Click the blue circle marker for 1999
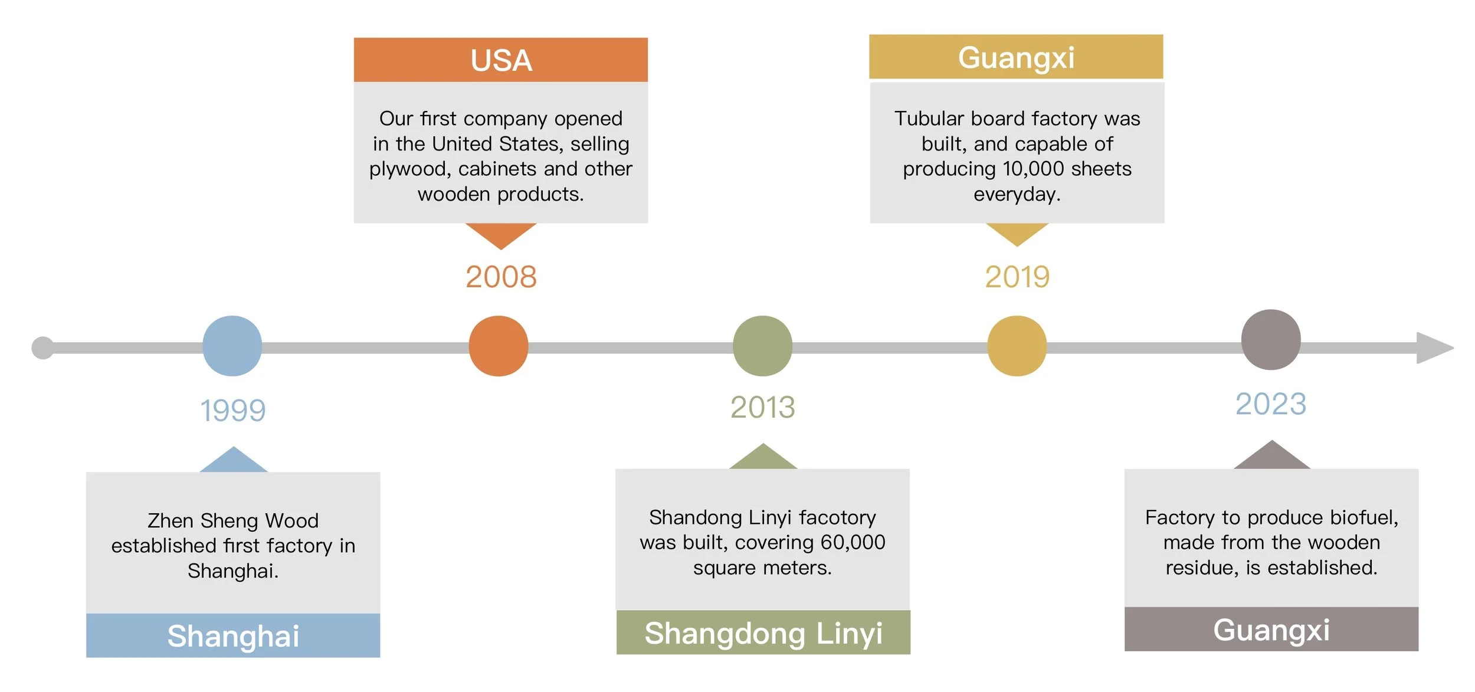(232, 346)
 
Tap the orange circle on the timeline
(499, 346)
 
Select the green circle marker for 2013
(762, 346)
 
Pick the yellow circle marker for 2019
(1017, 346)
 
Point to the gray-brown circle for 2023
(1271, 340)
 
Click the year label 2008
(501, 277)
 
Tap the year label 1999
(233, 411)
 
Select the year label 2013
(762, 407)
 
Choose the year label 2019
(1017, 277)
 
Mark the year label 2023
(1271, 404)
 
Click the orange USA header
(501, 60)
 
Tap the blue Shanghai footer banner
(233, 635)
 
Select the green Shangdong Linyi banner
(763, 633)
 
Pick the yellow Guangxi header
(1016, 57)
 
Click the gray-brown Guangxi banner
(1271, 629)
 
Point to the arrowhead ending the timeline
(1434, 348)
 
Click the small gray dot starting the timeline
(42, 348)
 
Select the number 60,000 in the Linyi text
(853, 542)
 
